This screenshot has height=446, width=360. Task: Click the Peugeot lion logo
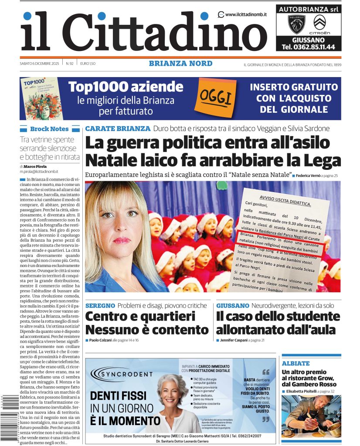tap(297, 24)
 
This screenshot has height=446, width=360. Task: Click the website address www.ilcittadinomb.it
tap(246, 14)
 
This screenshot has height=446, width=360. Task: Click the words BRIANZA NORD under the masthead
tap(180, 64)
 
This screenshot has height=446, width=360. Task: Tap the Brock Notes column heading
tap(49, 129)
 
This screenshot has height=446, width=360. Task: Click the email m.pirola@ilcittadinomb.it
tap(39, 172)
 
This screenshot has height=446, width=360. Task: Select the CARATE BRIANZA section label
tap(117, 128)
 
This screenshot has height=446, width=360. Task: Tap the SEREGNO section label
tap(100, 306)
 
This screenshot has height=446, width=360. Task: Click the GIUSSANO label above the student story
tap(233, 306)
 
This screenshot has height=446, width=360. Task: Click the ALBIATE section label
tap(295, 363)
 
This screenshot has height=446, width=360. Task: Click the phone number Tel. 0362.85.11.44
tap(308, 47)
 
